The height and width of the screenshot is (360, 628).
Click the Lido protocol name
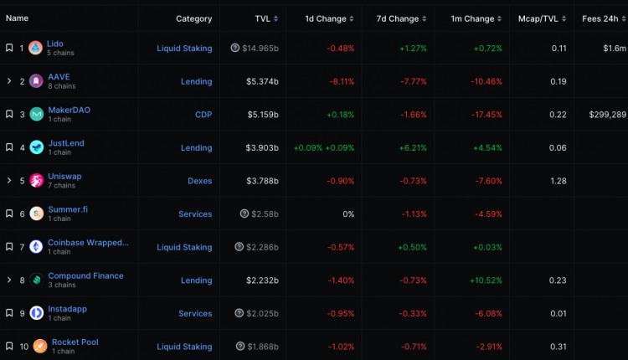tap(55, 44)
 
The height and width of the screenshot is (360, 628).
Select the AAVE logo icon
tap(36, 81)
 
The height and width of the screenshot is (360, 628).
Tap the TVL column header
tap(263, 18)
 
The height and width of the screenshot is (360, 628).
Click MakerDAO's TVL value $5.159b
tap(262, 115)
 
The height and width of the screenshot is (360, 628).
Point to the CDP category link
tap(203, 115)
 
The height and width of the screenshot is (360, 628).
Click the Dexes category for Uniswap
tap(199, 181)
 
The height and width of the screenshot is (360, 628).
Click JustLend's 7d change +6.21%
tap(412, 148)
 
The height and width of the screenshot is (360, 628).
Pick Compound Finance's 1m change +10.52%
tap(486, 280)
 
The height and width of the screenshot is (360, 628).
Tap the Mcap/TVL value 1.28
tap(559, 181)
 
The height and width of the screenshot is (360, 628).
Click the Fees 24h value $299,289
tap(607, 115)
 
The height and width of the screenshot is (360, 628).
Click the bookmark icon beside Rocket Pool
tap(9, 347)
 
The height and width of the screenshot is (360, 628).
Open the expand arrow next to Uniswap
tap(9, 181)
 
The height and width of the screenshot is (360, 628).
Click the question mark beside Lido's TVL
tap(235, 49)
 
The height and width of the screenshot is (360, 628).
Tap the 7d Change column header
tap(398, 18)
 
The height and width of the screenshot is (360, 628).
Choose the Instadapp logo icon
tap(36, 313)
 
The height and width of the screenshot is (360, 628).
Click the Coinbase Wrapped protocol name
tap(88, 243)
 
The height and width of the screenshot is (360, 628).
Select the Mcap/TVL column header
tap(538, 18)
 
